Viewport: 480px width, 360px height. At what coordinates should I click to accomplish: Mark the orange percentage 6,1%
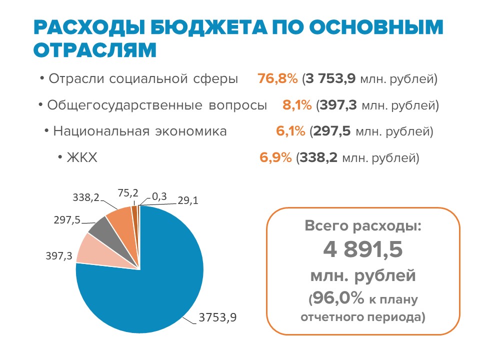click(290, 131)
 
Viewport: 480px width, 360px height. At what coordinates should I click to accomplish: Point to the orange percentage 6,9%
click(275, 158)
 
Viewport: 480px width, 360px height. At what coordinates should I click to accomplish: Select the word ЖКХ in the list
click(81, 158)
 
